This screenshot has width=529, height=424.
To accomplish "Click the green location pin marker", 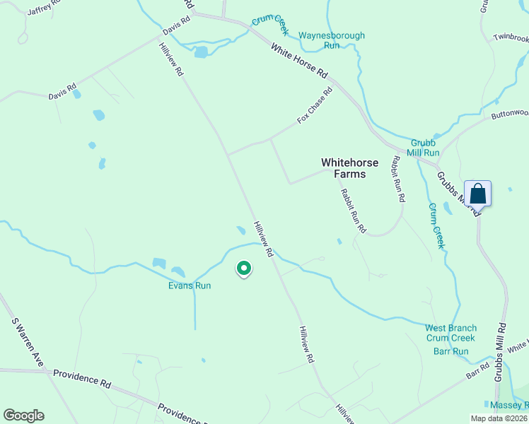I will (x=243, y=269).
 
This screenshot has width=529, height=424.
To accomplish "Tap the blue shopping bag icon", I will (x=477, y=193).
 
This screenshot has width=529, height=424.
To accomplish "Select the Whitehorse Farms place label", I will (x=349, y=167).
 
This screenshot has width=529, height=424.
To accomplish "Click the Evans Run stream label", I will (x=190, y=285).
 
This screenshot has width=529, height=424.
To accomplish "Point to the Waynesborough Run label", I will (x=332, y=40).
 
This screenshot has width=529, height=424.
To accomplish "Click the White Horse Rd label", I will (x=300, y=61).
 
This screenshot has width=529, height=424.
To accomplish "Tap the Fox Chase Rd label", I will (x=315, y=105).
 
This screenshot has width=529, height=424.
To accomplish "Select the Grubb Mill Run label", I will (x=424, y=147).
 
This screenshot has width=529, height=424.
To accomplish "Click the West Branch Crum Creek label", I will (x=450, y=333).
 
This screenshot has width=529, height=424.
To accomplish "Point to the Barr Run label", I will (x=451, y=351).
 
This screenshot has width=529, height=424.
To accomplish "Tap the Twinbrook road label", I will (x=511, y=37).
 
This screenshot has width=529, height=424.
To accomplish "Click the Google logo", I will (x=23, y=416).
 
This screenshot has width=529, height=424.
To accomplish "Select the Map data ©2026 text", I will (x=498, y=418).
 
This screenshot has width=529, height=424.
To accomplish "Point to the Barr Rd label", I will (x=478, y=371).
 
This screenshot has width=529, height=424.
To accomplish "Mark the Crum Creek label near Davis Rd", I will (x=270, y=25).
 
